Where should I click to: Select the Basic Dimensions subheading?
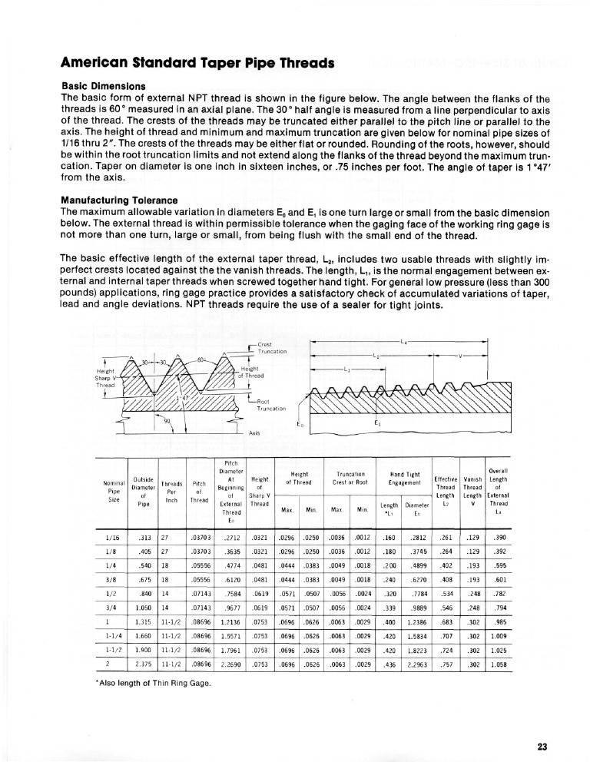tap(104, 85)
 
